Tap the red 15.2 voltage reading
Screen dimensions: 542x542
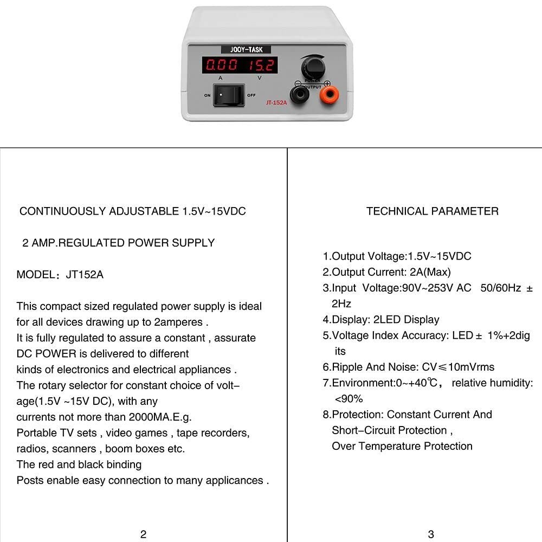point(262,66)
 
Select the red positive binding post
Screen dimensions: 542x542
point(329,95)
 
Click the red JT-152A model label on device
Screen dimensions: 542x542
point(276,102)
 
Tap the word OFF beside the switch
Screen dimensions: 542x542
point(251,95)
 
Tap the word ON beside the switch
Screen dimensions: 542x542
point(207,95)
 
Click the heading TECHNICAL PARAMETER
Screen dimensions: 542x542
point(432,211)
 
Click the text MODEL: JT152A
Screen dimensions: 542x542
point(60,275)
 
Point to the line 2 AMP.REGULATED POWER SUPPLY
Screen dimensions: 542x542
point(119,243)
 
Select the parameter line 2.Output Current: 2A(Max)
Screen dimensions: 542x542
point(386,272)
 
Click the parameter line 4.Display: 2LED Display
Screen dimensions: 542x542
point(381,320)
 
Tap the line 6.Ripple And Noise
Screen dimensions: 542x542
point(408,367)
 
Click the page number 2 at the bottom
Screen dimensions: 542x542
point(143,534)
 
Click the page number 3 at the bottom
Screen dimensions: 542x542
point(431,534)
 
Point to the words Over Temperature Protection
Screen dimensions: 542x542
point(402,446)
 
